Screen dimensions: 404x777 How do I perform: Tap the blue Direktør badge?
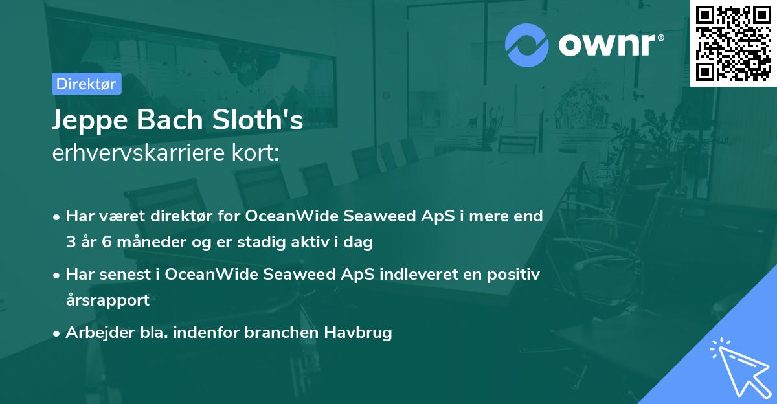tap(86, 84)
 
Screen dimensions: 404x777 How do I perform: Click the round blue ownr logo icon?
tap(527, 45)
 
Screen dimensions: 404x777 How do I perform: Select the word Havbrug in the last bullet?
tap(360, 333)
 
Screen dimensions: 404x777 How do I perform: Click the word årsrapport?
tap(107, 300)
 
